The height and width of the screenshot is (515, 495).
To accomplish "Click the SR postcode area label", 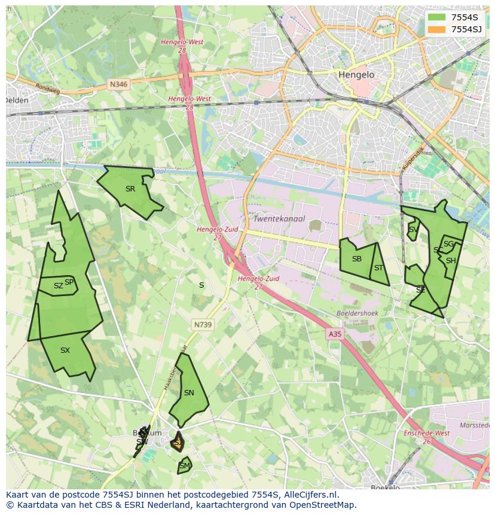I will pos(130,189).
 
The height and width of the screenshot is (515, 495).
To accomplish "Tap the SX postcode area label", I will pos(65,351).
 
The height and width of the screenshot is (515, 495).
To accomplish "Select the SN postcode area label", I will pos(189,393).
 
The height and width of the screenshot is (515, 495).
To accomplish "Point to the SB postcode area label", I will pos(357,259).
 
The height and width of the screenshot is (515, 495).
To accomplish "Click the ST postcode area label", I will pos(378,268).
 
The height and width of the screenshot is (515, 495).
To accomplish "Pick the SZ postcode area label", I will pos(58,286).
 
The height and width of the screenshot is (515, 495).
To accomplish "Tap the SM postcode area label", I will pos(185,465).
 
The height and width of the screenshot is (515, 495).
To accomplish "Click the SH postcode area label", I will pos(451,261).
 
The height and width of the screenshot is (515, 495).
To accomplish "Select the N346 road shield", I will pos(118,85).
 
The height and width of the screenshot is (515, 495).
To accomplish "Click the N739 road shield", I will pos(203,325).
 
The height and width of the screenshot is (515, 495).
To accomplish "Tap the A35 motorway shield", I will pos(335,334).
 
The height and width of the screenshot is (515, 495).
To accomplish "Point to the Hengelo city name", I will pos(356,75).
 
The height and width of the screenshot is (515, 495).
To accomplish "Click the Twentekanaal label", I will pos(279,219).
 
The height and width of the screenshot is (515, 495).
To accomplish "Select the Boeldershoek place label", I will pos(357,313).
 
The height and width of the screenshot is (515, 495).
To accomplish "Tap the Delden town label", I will pos(17,100).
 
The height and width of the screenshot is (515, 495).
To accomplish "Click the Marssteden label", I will pos(475,425).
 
